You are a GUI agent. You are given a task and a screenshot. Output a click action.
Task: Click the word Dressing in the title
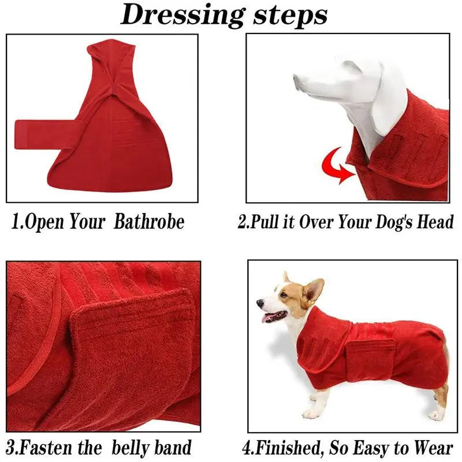point(182,16)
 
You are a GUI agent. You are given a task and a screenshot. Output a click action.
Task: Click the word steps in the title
point(290,16)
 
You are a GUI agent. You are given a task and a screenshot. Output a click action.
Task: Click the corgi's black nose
point(260,303)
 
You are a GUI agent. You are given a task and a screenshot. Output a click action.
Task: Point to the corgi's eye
point(284,295)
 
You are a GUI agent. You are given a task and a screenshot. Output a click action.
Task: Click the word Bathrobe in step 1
point(149,221)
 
